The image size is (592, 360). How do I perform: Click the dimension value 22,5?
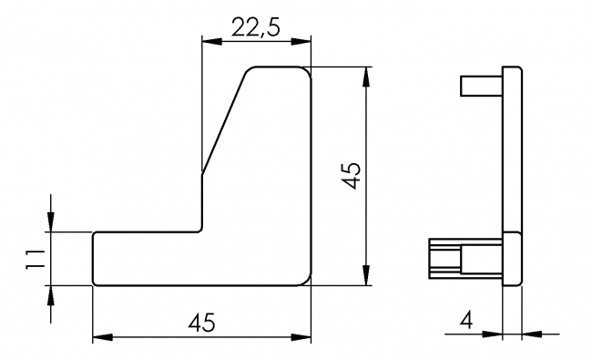(255, 27)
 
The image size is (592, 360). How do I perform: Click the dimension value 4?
(466, 320)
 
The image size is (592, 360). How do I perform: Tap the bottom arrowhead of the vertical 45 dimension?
(366, 276)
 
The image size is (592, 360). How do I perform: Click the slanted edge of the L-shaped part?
(223, 123)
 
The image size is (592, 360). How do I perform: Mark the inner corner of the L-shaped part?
(200, 231)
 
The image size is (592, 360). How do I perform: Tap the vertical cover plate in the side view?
(513, 173)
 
